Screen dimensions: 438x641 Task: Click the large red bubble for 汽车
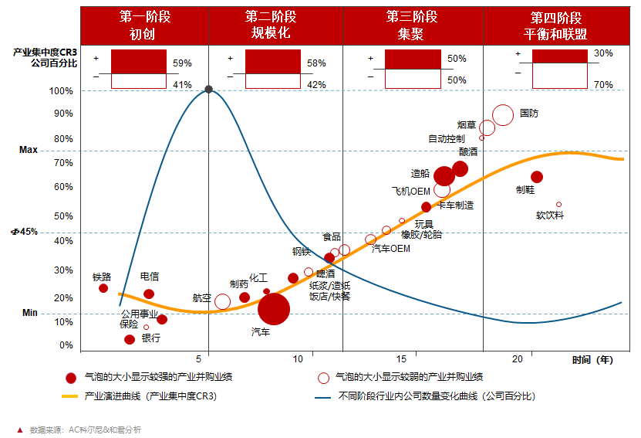[x=273, y=309]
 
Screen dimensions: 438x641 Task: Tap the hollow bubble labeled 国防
[x=503, y=115]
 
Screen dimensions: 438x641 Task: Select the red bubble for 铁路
[x=103, y=288]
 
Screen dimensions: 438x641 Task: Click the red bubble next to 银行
[x=130, y=339]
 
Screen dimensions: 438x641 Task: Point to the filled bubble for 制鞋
[x=537, y=177]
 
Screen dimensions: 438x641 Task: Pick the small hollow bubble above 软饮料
[x=558, y=205]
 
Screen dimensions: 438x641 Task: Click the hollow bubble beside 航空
[x=222, y=301]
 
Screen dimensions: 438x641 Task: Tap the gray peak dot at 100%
[x=209, y=90]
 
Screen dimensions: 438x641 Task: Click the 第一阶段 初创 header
[x=143, y=25]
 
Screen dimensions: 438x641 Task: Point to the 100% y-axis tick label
[x=61, y=91]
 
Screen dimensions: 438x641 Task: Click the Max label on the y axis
[x=29, y=150]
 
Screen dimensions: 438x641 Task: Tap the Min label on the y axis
[x=29, y=313]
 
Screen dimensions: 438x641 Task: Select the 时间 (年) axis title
[x=592, y=359]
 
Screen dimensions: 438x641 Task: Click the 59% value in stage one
[x=182, y=63]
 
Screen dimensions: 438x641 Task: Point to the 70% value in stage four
[x=603, y=84]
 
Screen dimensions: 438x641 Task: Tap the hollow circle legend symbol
[x=324, y=378]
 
